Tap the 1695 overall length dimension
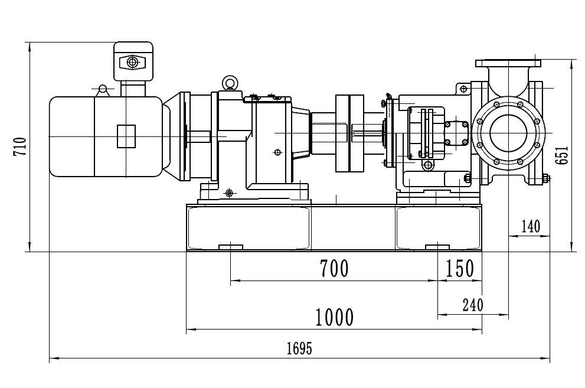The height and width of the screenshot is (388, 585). click(299, 348)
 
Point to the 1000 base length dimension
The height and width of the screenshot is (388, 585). click(334, 318)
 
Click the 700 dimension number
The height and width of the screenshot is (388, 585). click(334, 269)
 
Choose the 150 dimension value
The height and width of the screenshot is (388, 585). click(460, 269)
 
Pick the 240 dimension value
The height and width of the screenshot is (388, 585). click(472, 305)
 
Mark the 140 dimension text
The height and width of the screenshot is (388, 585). click(530, 226)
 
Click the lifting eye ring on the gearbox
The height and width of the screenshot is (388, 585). click(228, 82)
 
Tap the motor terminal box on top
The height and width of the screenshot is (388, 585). click(133, 61)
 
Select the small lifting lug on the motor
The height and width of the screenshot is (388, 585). click(103, 90)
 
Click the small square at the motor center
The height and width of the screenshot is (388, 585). click(126, 136)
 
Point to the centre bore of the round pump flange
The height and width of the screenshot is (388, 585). click(508, 133)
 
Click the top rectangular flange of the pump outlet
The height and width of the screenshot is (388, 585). click(508, 63)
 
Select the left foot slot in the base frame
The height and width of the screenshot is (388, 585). click(231, 246)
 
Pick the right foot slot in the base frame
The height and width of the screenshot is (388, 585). click(437, 246)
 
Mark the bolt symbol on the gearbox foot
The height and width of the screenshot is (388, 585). click(230, 193)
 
